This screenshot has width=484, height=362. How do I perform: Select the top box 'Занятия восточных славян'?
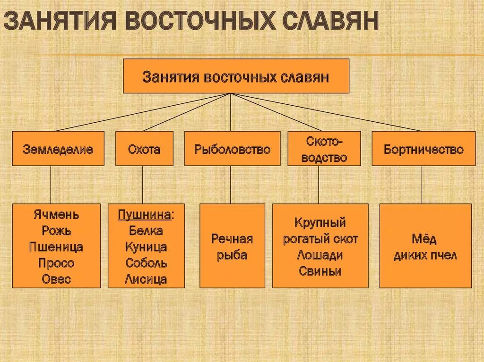(236, 76)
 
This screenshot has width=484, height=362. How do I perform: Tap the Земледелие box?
(58, 149)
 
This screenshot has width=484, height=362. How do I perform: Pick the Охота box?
(144, 149)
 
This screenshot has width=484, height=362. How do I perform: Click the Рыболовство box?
(232, 149)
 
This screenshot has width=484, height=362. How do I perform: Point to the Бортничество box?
(423, 149)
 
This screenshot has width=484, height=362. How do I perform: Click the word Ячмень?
(56, 215)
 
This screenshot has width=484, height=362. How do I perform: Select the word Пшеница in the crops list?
(56, 247)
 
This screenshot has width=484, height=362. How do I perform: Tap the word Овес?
(56, 279)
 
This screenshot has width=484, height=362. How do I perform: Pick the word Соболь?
(146, 263)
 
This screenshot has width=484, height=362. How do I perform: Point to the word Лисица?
(146, 279)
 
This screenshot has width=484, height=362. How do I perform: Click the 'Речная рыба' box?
(232, 246)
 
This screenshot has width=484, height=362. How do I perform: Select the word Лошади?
(320, 255)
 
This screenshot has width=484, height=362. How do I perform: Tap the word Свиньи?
(320, 271)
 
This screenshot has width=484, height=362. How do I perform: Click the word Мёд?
(425, 239)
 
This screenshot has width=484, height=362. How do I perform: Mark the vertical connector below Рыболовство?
(231, 185)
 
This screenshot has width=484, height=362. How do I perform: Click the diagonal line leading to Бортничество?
(331, 112)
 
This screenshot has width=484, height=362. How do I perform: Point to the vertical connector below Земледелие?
(51, 185)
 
